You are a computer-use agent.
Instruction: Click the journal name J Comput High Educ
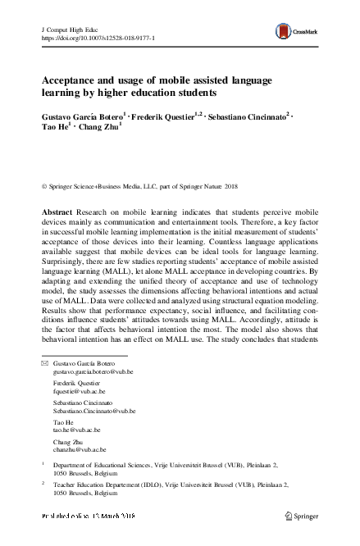68,29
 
